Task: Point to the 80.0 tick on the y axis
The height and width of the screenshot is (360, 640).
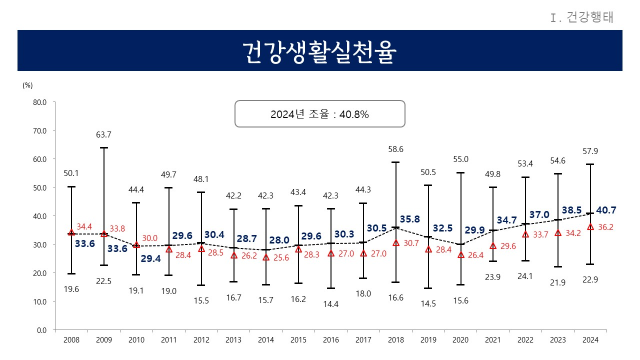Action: [40, 101]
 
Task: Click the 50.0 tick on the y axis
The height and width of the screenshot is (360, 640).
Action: [40, 187]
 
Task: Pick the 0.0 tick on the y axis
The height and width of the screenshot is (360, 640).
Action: [42, 329]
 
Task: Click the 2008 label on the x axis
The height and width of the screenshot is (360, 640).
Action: [71, 341]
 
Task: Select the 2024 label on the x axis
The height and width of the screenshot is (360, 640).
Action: [590, 341]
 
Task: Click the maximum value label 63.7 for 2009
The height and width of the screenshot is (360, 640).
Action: [103, 134]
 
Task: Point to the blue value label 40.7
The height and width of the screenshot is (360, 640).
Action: [606, 210]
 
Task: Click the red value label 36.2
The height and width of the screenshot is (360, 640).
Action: [606, 227]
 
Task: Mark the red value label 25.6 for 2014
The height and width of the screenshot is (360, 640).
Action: [281, 258]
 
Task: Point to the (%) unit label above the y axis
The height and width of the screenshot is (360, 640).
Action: [27, 85]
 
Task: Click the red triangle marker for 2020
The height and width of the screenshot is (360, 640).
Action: [460, 254]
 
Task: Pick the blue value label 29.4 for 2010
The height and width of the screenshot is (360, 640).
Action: [151, 258]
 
